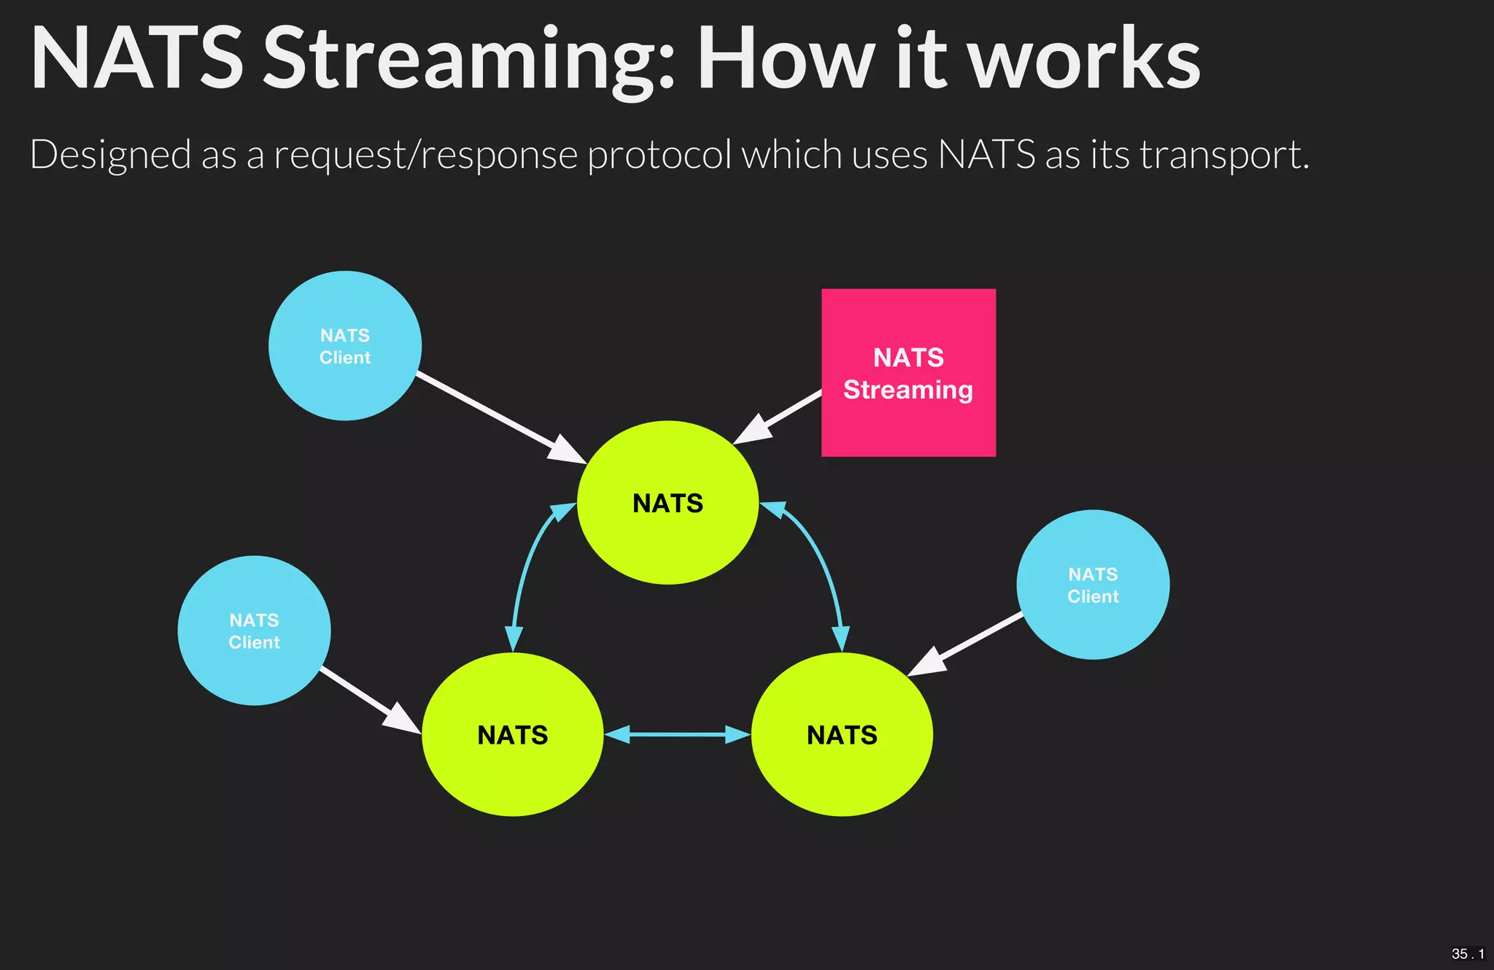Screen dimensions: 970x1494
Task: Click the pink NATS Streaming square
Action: [x=908, y=372]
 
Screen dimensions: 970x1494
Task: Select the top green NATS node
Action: [x=667, y=503]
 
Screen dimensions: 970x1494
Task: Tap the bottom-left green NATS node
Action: [x=512, y=734]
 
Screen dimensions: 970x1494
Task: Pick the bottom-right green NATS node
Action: [x=842, y=734]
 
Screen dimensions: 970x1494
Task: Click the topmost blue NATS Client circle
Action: [x=345, y=346]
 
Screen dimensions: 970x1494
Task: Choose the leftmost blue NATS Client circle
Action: [x=254, y=631]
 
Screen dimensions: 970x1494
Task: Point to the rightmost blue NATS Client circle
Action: [x=1093, y=585]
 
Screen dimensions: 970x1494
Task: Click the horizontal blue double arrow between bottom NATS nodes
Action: [x=677, y=734]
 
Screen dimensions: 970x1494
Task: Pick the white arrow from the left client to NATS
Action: [x=368, y=698]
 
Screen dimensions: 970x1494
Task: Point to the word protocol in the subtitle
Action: [x=659, y=155]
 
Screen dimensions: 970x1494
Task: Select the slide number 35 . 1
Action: [x=1467, y=954]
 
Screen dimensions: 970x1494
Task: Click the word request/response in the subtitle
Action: [x=426, y=155]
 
